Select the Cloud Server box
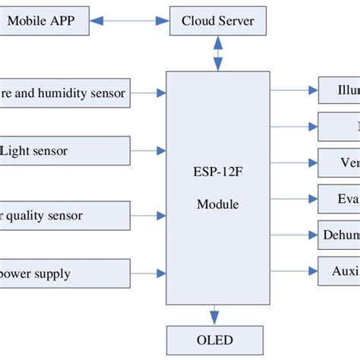pyautogui.click(x=218, y=21)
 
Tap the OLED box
pyautogui.click(x=216, y=340)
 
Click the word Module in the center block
pyautogui.click(x=218, y=204)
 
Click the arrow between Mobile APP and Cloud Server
pyautogui.click(x=130, y=21)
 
